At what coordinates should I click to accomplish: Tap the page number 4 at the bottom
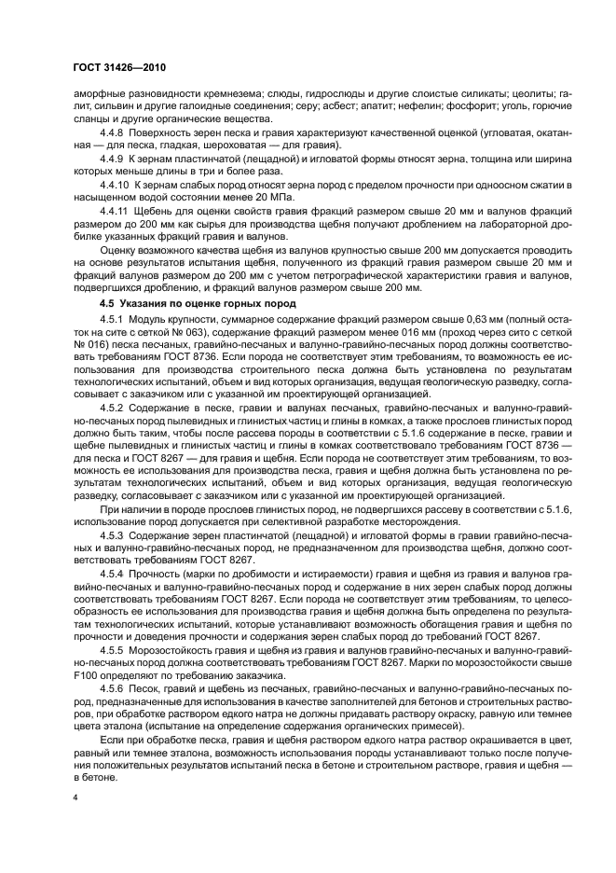(76, 798)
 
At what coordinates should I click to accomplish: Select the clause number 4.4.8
(114, 134)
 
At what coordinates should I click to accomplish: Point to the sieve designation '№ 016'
(88, 344)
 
